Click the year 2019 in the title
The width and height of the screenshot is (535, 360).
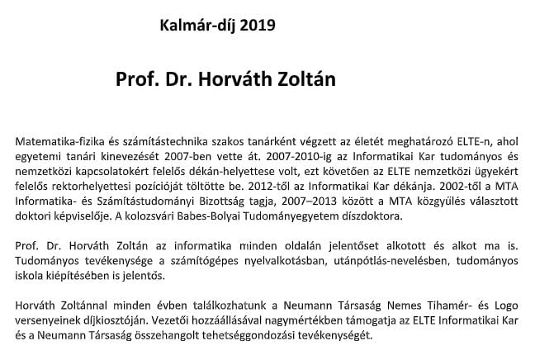pyautogui.click(x=253, y=25)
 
